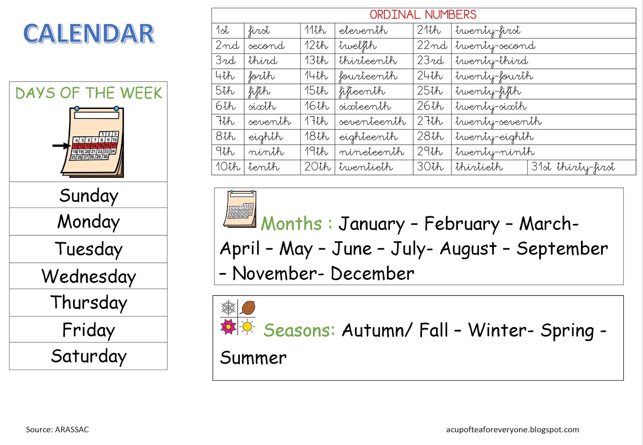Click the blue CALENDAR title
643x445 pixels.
(89, 33)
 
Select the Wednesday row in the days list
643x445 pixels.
(88, 277)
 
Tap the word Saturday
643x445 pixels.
(88, 356)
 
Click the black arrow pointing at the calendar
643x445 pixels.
(61, 146)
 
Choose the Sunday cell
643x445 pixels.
(88, 196)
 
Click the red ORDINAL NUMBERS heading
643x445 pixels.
(423, 15)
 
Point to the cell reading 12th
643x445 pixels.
(316, 45)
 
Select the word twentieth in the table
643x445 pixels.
(366, 167)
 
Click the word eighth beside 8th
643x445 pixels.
(266, 137)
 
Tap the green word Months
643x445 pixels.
(291, 224)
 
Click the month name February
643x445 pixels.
(462, 224)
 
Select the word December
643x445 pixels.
(372, 274)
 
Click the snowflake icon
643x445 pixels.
(229, 308)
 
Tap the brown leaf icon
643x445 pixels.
(248, 308)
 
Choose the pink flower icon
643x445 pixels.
(229, 327)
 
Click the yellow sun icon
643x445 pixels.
(248, 327)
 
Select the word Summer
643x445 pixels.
(253, 358)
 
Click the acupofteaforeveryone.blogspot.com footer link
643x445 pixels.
(512, 429)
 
